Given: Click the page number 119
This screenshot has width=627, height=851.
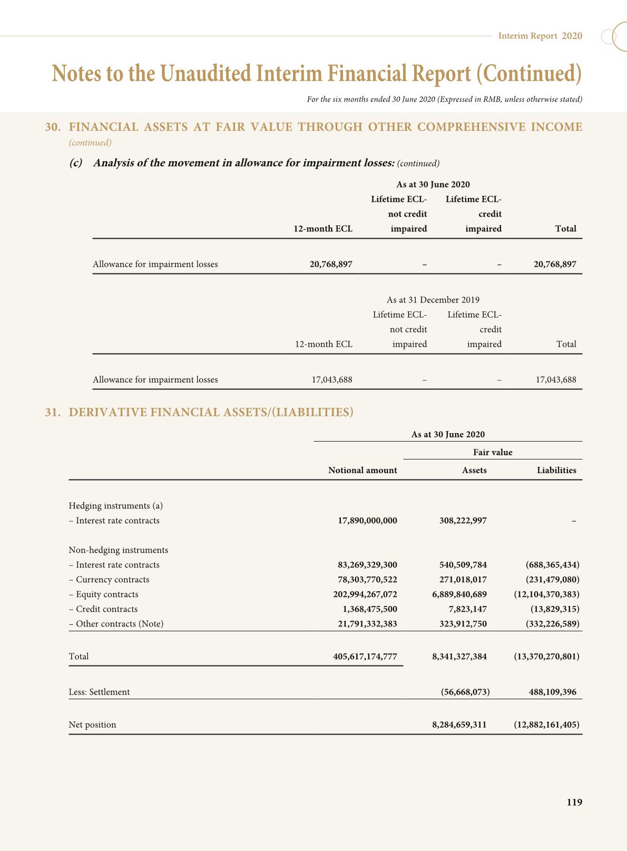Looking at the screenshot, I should (x=574, y=803).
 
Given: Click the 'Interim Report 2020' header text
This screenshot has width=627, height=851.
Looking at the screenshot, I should (x=540, y=36).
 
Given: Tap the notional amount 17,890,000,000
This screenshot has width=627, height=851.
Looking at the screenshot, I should (x=367, y=521).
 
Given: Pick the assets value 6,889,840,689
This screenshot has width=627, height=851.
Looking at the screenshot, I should (x=463, y=594).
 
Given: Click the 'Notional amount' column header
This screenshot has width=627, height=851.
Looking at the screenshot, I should (x=363, y=470).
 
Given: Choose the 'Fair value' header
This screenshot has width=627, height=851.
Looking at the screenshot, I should (x=493, y=452).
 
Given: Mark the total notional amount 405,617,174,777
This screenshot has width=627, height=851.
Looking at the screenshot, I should (x=365, y=657).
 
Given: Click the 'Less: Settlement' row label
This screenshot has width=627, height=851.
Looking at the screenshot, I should (x=99, y=692).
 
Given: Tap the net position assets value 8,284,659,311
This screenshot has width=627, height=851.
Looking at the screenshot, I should (x=459, y=725).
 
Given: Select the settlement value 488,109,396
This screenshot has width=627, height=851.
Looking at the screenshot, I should (x=553, y=692).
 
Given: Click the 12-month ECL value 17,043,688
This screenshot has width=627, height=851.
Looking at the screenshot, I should (x=332, y=379).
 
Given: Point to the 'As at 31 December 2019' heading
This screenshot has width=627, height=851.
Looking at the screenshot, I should (x=433, y=300).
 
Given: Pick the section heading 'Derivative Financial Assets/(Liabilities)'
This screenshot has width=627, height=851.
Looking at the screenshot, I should (x=211, y=412).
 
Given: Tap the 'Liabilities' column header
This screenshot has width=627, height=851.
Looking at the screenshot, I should (x=556, y=470).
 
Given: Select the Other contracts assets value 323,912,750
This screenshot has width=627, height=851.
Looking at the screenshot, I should (x=463, y=624).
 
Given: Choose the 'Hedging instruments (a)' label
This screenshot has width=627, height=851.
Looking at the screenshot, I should (x=116, y=506).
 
